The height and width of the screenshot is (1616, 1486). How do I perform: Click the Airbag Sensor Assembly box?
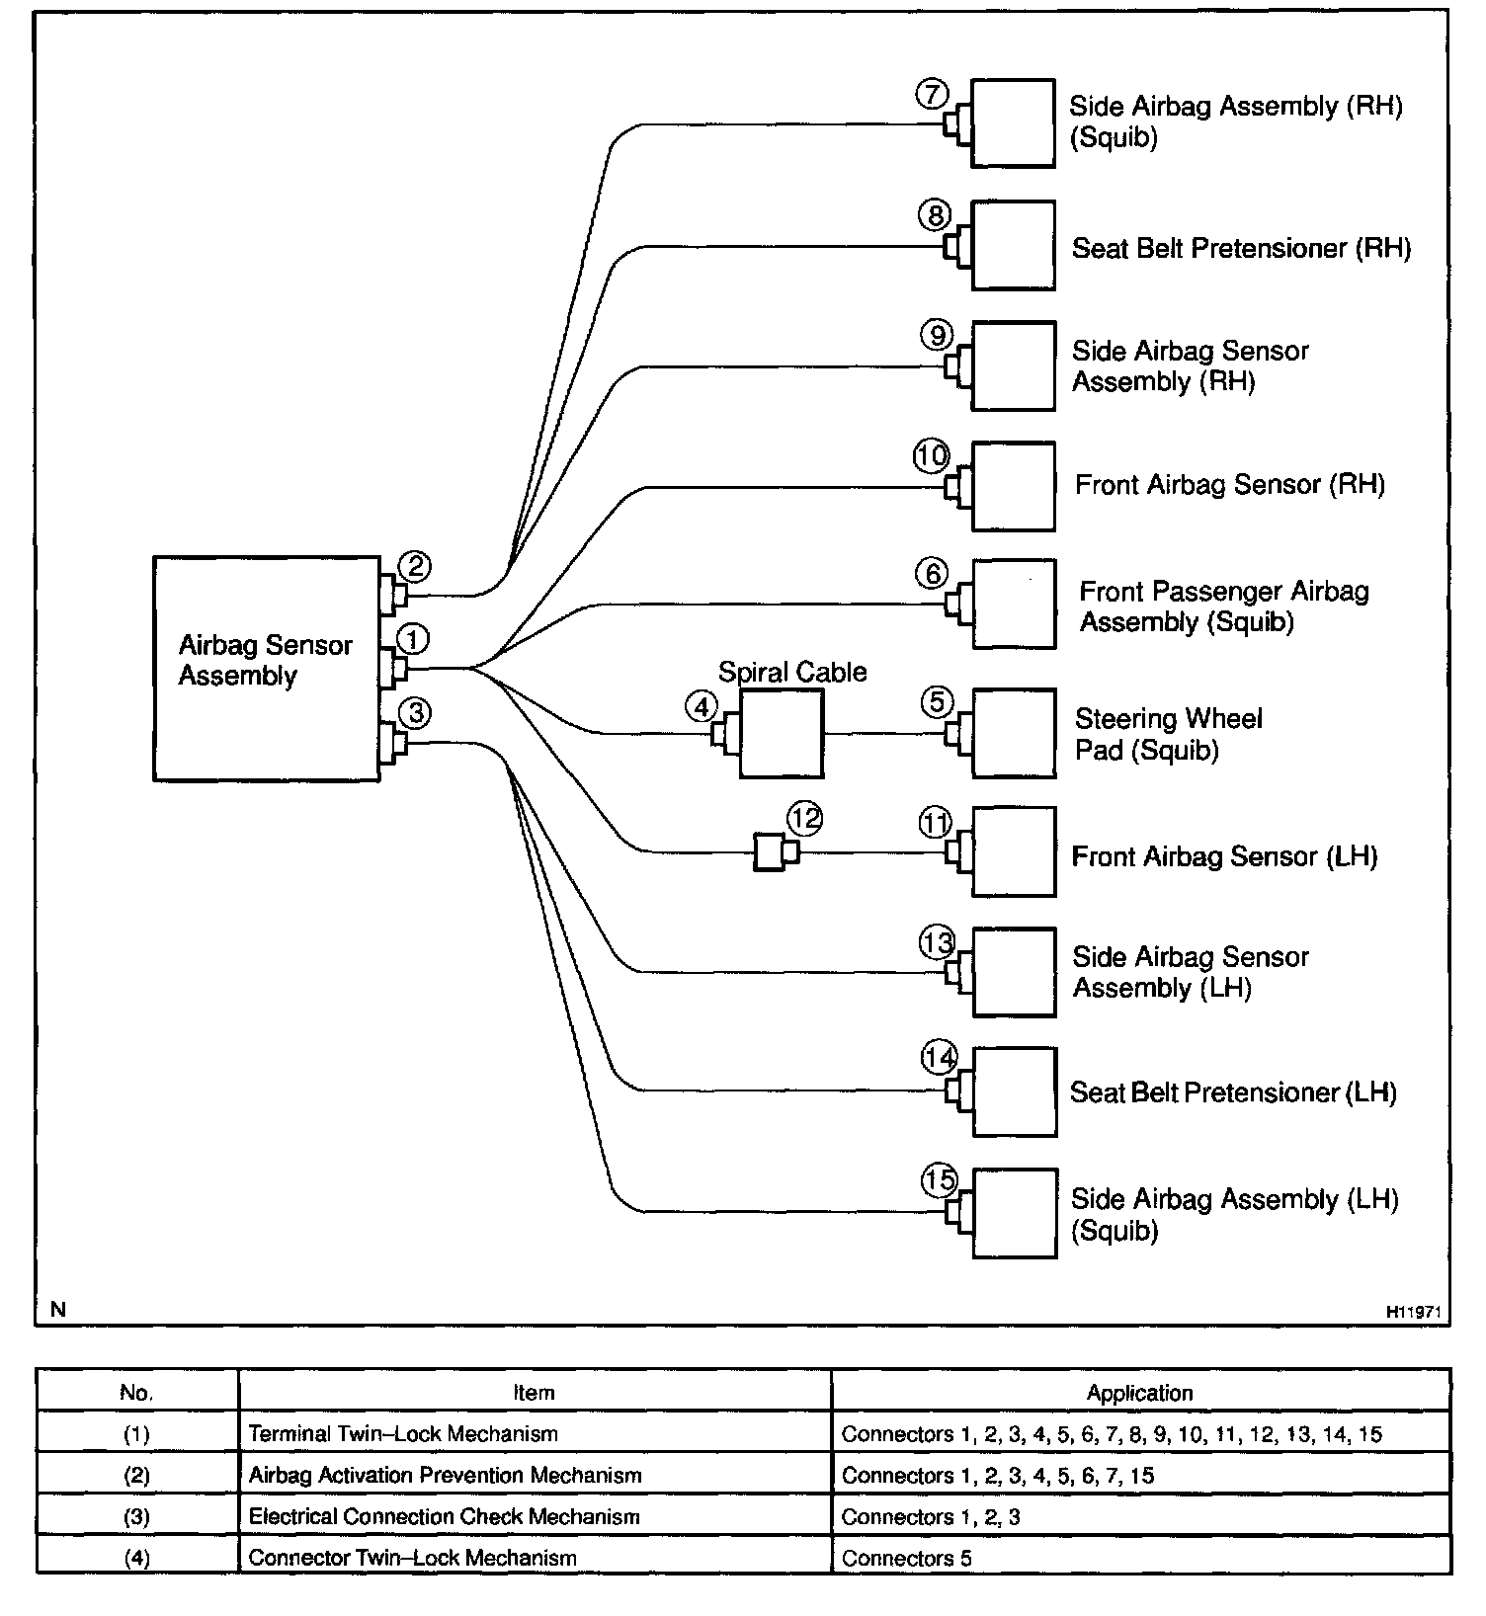266,669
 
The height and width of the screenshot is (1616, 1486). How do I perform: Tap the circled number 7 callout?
932,94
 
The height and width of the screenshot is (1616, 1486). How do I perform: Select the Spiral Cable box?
781,733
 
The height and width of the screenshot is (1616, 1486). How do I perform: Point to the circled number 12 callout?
804,818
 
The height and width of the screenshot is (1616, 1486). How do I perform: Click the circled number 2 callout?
415,566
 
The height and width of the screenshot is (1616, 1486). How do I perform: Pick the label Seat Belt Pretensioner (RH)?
1241,247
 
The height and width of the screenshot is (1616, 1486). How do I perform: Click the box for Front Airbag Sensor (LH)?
1014,851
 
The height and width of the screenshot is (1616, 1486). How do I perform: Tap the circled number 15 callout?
940,1179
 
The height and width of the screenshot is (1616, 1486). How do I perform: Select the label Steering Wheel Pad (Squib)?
1168,734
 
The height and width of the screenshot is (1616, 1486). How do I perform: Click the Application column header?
1139,1393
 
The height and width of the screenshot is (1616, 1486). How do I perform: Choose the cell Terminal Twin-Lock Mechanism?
403,1433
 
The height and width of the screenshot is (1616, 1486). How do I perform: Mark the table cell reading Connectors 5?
906,1558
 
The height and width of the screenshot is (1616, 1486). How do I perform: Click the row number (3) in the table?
136,1516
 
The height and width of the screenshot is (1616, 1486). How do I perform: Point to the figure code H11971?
1414,1312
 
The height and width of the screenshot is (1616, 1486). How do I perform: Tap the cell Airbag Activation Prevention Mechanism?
445,1475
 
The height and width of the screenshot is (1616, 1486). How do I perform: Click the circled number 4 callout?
702,706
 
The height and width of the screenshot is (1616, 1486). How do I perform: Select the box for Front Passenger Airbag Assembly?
1014,605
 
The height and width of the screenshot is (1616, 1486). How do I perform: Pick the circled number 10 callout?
931,456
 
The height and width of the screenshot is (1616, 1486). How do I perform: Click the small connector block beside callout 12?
769,851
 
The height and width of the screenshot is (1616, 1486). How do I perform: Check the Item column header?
534,1393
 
